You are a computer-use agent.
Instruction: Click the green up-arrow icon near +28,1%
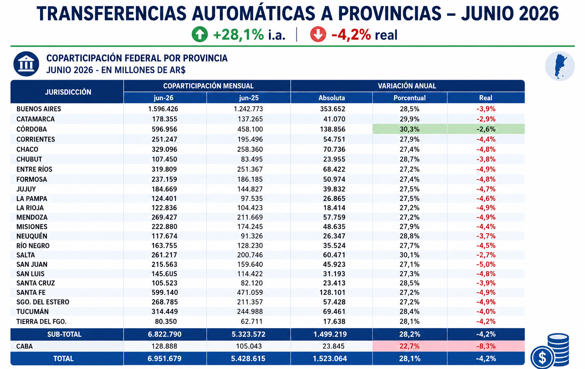click(200, 34)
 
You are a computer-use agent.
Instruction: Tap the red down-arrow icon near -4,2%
click(318, 34)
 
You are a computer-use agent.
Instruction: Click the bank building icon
click(26, 64)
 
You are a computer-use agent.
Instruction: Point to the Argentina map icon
click(559, 66)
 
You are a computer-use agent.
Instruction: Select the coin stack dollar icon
click(550, 351)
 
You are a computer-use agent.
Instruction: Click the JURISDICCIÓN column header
click(68, 92)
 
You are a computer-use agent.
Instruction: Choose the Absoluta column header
click(332, 98)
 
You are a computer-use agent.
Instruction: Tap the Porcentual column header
click(409, 98)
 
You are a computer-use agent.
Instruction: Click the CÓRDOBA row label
click(32, 129)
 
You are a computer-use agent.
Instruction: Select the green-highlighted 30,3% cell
click(410, 129)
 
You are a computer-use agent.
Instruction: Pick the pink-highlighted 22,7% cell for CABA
click(410, 346)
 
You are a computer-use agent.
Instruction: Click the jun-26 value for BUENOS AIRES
click(163, 109)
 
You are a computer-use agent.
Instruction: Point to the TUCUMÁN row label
click(32, 311)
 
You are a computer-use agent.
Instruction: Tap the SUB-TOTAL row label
click(64, 334)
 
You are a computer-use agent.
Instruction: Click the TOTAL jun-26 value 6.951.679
click(165, 359)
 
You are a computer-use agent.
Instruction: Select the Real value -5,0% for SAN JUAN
click(486, 264)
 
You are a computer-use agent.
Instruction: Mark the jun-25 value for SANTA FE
click(250, 292)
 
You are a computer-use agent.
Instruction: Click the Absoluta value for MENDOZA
click(334, 217)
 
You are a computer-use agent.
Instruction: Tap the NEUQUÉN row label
click(32, 236)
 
